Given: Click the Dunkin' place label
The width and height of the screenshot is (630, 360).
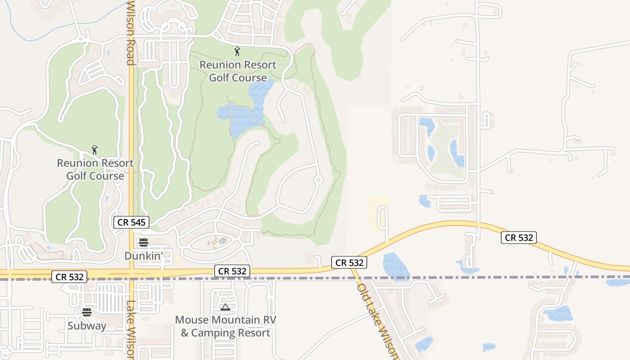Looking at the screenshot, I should tap(143, 256).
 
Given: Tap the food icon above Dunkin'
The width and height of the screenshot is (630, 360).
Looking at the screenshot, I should tap(144, 243).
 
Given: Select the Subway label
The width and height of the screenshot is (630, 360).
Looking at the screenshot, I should tap(87, 325).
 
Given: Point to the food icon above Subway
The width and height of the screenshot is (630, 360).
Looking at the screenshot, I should tap(87, 312).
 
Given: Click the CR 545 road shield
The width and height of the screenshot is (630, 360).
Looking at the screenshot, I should tap(130, 222).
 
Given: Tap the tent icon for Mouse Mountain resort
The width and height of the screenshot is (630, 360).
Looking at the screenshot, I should tap(225, 307).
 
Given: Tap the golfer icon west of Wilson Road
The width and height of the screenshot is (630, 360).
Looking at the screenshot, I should tap(94, 150).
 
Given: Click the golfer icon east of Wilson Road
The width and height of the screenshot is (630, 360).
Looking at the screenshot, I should tap(237, 51).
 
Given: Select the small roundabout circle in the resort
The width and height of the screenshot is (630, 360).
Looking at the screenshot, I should tap(318, 180).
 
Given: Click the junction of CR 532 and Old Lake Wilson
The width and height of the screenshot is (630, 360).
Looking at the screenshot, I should tap(351, 269).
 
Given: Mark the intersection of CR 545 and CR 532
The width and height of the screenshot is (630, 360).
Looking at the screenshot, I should tap(132, 273).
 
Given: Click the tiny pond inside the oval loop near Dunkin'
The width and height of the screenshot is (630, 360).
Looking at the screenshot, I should tap(222, 241).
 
